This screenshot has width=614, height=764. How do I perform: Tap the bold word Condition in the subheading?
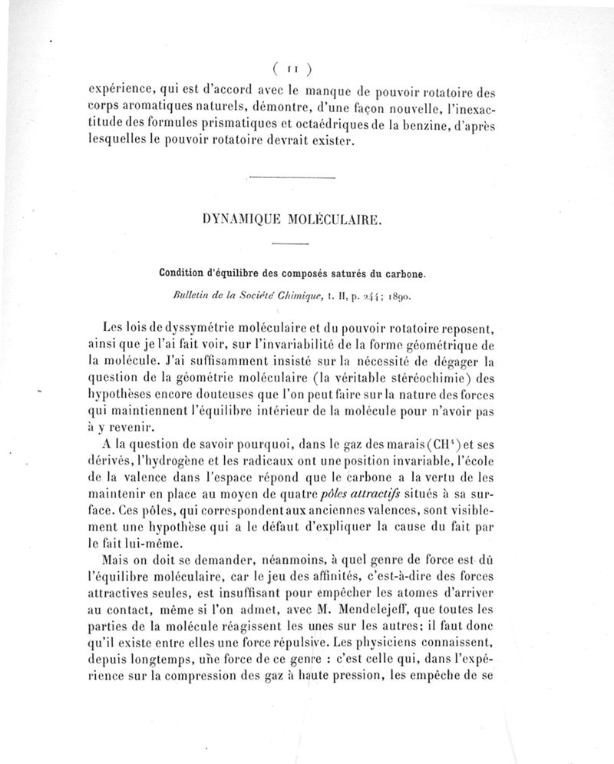(x=184, y=272)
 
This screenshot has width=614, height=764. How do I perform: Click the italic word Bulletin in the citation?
(x=195, y=293)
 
